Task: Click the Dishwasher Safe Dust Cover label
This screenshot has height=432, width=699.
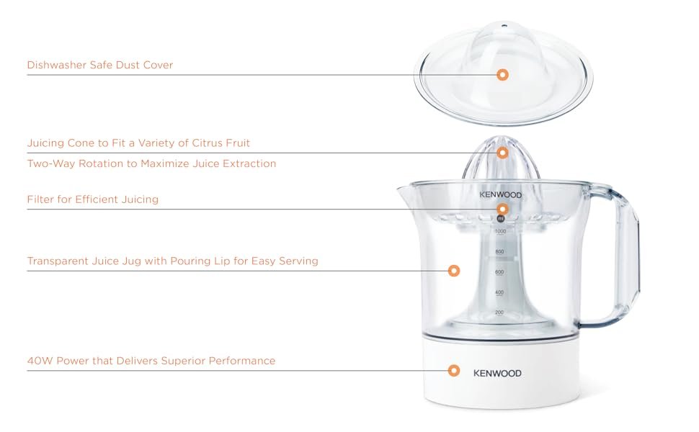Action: [100, 65]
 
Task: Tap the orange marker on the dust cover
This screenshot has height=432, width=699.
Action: [502, 75]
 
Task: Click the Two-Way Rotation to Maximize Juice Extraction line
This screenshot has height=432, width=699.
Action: [151, 163]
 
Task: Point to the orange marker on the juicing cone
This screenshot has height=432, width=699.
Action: [502, 153]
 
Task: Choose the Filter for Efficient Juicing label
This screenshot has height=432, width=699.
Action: [93, 199]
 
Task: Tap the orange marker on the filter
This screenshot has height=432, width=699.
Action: [502, 209]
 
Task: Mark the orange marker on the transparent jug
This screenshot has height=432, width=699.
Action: [454, 271]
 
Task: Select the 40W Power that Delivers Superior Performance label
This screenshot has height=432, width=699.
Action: [151, 361]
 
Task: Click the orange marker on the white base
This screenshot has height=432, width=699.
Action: [454, 371]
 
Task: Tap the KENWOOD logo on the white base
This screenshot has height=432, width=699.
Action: [497, 373]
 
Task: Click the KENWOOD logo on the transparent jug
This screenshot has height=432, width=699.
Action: [501, 194]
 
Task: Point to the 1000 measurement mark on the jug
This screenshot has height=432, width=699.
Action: [500, 232]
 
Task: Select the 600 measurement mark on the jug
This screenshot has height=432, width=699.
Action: [499, 272]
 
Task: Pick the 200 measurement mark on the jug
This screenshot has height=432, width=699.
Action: [499, 312]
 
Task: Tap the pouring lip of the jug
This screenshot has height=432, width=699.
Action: [404, 189]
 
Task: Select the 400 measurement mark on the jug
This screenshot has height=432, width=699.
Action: [499, 292]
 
